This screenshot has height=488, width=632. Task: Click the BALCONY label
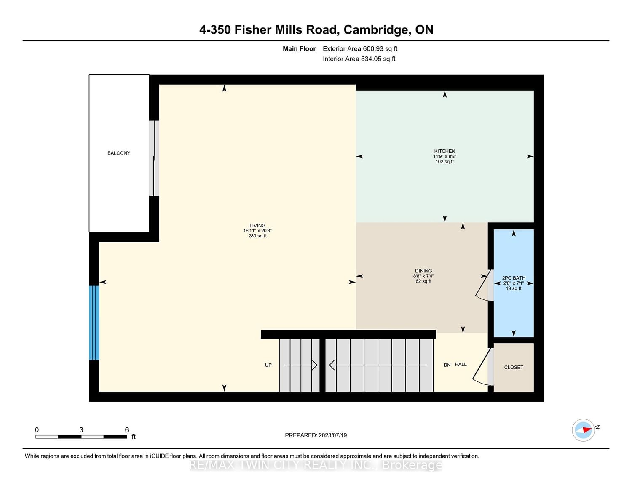[119, 153]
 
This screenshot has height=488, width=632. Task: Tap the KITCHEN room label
[445, 151]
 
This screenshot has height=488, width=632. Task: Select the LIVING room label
[257, 226]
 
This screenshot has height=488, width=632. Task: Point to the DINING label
[423, 271]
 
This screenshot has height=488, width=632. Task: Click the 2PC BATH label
[514, 278]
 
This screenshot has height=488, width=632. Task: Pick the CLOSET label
[514, 368]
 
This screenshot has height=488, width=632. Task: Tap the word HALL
[461, 365]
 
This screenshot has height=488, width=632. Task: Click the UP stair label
[268, 365]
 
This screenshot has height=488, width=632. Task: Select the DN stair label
[447, 365]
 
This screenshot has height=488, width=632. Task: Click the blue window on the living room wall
[94, 323]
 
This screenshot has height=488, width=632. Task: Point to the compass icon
[583, 430]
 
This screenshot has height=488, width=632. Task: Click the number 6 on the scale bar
[127, 429]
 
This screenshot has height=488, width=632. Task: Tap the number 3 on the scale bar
[81, 429]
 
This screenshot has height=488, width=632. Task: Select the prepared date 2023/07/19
[333, 435]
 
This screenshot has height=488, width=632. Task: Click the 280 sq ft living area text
[257, 236]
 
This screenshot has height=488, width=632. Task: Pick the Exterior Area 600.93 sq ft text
[360, 49]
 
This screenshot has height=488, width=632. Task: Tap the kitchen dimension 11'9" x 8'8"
[445, 156]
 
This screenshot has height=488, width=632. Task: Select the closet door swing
[481, 367]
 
